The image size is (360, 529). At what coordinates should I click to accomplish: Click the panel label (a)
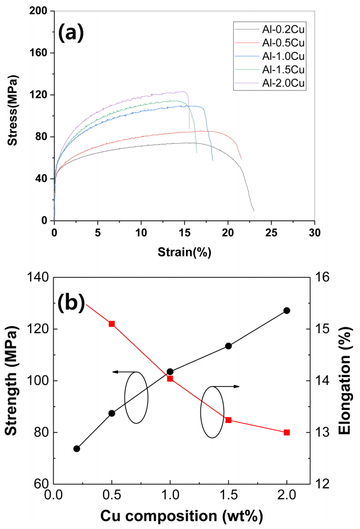click(71, 32)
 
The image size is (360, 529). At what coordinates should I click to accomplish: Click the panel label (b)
click(71, 302)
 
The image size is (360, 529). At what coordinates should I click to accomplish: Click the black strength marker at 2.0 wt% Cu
click(287, 310)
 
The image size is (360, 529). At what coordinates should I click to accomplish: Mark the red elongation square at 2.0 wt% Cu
click(287, 432)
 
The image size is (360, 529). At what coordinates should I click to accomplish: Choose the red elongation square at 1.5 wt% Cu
click(229, 420)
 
